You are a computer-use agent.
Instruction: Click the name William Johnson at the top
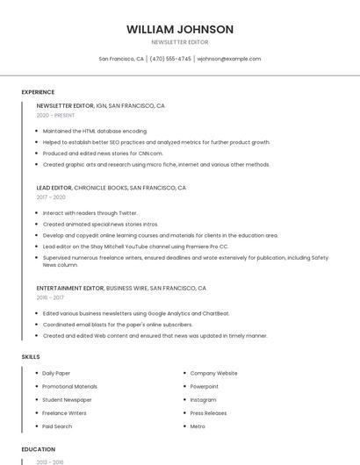pos(180,29)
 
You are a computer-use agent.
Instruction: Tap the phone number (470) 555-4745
pos(170,59)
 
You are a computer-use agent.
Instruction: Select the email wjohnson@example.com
pos(228,59)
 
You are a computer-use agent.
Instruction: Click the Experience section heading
pos(38,92)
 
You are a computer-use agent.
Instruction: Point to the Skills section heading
pos(31,357)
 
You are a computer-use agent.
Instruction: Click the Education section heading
pos(38,449)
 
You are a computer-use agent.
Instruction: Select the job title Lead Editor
pos(54,188)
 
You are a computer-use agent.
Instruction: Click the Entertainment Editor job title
pos(70,288)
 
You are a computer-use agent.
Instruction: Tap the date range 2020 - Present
pos(55,115)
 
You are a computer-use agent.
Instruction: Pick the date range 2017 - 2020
pos(51,197)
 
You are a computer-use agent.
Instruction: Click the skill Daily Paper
pos(56,373)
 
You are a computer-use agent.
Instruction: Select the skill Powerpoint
pos(205,386)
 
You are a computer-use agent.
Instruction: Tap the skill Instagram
pos(203,399)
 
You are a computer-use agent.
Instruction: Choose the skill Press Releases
pos(208,412)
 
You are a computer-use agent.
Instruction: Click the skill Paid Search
pos(57,426)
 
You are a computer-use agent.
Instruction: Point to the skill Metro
pos(198,426)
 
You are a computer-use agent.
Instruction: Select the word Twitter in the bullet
pos(127,212)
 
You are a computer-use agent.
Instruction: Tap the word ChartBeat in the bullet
pos(215,313)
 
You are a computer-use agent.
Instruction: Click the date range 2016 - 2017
pos(50,297)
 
